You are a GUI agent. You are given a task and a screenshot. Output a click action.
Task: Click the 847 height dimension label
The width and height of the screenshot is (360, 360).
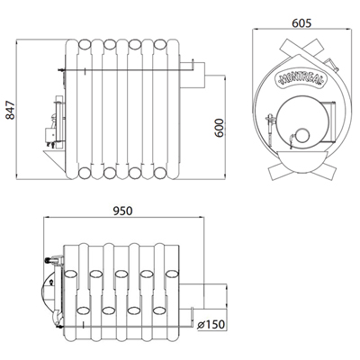(x=10, y=111)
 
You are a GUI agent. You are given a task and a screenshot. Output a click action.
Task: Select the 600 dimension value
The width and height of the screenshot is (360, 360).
(x=220, y=128)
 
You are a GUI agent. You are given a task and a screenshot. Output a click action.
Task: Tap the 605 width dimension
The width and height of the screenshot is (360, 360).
(x=301, y=23)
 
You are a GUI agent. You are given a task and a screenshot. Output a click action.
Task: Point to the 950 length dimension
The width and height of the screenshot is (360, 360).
(x=122, y=211)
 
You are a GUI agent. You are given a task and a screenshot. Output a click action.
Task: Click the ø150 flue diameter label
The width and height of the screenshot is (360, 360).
(x=211, y=324)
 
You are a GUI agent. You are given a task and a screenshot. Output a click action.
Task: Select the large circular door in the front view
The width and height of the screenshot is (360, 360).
(x=302, y=121)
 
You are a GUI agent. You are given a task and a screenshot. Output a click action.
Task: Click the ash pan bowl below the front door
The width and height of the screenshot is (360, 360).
(x=301, y=161)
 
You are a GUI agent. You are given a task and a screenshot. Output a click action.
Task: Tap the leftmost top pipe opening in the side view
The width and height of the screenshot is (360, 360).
(x=85, y=45)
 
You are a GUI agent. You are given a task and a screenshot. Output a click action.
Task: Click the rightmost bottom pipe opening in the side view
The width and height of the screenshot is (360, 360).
(x=160, y=173)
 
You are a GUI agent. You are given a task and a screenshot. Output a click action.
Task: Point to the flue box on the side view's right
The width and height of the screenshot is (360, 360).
(x=193, y=75)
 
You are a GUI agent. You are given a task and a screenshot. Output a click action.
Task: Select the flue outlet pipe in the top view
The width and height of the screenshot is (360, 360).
(x=202, y=296)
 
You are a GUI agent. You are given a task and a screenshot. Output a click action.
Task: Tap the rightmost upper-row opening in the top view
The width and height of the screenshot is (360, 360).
(x=172, y=274)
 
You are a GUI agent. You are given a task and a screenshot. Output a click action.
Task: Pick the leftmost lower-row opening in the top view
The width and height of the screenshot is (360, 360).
(x=84, y=310)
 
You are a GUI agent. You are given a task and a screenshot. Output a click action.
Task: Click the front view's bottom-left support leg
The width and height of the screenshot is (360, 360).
(x=276, y=171)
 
